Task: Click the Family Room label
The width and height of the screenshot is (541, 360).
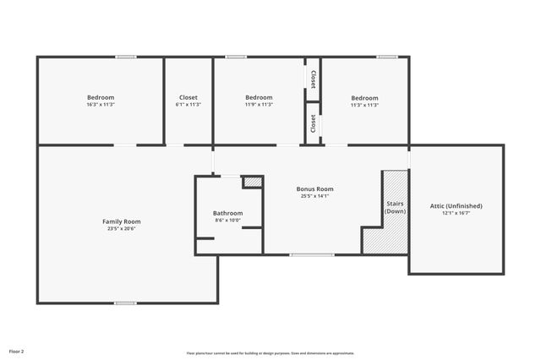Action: pos(121,221)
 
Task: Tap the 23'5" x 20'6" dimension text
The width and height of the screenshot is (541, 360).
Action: pos(121,229)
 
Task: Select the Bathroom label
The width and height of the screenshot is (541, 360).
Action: pos(227,213)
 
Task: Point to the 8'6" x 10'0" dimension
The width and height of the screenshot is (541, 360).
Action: pos(227,221)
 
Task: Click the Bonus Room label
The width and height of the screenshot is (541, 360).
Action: pos(314,188)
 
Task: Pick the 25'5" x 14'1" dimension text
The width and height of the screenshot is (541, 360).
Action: pos(314,196)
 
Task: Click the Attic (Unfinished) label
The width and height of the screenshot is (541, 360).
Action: pos(456,205)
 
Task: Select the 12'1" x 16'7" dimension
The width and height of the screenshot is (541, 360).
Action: pos(456,213)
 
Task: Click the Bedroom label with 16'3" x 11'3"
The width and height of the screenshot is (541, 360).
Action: pos(101,97)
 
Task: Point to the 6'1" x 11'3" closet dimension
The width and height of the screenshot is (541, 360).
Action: pos(188,105)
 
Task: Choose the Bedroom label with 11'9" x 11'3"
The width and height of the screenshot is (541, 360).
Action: pos(259,97)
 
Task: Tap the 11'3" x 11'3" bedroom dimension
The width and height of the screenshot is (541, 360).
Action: pos(364,105)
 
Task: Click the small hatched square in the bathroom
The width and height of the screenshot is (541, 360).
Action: pos(252,182)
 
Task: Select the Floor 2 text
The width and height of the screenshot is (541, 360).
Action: pos(17,350)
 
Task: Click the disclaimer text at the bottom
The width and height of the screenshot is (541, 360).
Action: pos(270,353)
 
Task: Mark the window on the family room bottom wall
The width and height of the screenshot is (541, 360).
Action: pos(125,303)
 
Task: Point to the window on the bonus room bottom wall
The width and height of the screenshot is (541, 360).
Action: pos(311,254)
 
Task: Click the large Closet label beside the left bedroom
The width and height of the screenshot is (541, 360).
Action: pos(188,97)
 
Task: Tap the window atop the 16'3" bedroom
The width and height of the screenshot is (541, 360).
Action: pos(126,57)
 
